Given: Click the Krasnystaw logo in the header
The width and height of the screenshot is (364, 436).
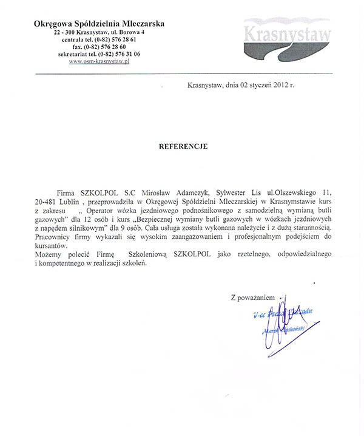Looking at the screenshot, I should pyautogui.click(x=287, y=37).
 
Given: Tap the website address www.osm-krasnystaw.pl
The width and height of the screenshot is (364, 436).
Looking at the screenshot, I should pyautogui.click(x=100, y=61).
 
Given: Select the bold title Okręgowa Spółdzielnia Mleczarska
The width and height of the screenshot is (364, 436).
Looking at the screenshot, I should pyautogui.click(x=99, y=23).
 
